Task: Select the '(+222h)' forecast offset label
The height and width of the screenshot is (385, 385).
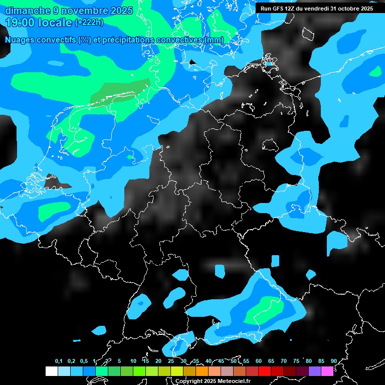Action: pyautogui.click(x=89, y=23)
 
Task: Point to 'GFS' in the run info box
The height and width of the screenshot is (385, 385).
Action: pyautogui.click(x=280, y=9)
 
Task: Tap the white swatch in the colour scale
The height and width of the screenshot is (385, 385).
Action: pyautogui.click(x=52, y=371)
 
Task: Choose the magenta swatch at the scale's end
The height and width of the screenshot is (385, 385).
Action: pyautogui.click(x=327, y=371)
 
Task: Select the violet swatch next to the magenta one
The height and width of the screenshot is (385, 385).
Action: pyautogui.click(x=315, y=371)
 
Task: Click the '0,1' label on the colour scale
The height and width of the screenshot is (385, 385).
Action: pyautogui.click(x=59, y=361)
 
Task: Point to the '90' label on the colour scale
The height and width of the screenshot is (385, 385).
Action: pyautogui.click(x=334, y=361)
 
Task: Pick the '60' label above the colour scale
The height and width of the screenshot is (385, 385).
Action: pyautogui.click(x=259, y=361)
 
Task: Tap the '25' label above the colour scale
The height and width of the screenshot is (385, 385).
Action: pyautogui.click(x=171, y=361)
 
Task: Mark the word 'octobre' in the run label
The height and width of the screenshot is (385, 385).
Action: pyautogui.click(x=348, y=9)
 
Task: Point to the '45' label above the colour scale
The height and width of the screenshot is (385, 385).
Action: pyautogui.click(x=221, y=361)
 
